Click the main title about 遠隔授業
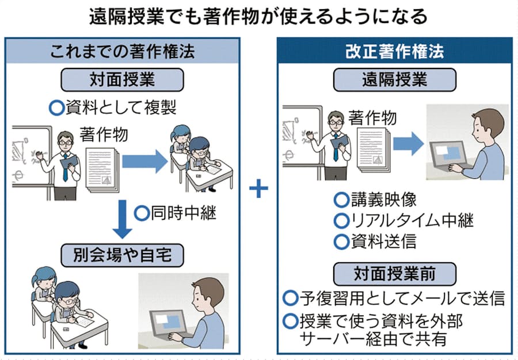(258, 17)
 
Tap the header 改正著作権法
(395, 51)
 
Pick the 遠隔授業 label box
(395, 79)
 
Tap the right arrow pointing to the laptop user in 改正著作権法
(409, 143)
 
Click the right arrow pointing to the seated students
(143, 163)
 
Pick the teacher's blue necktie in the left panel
(64, 167)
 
